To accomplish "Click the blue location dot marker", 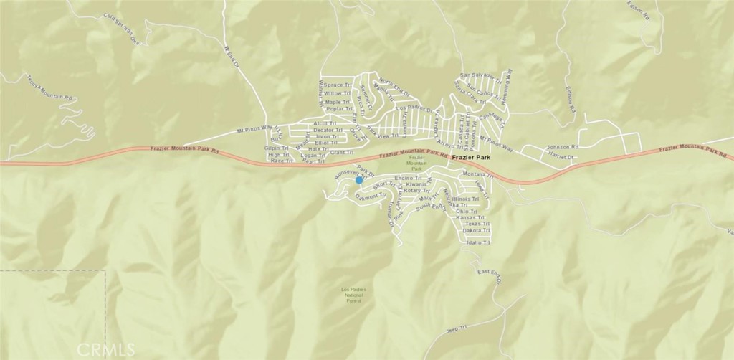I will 359,180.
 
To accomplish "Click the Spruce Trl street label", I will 337,85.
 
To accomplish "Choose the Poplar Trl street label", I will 337,109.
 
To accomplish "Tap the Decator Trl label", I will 328,130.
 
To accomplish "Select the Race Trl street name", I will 281,161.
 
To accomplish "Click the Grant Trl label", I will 342,152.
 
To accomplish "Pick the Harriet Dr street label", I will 561,156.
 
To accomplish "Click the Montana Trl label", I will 477,175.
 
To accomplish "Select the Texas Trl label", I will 476,224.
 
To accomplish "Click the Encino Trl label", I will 408,177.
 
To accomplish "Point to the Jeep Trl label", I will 457,328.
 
